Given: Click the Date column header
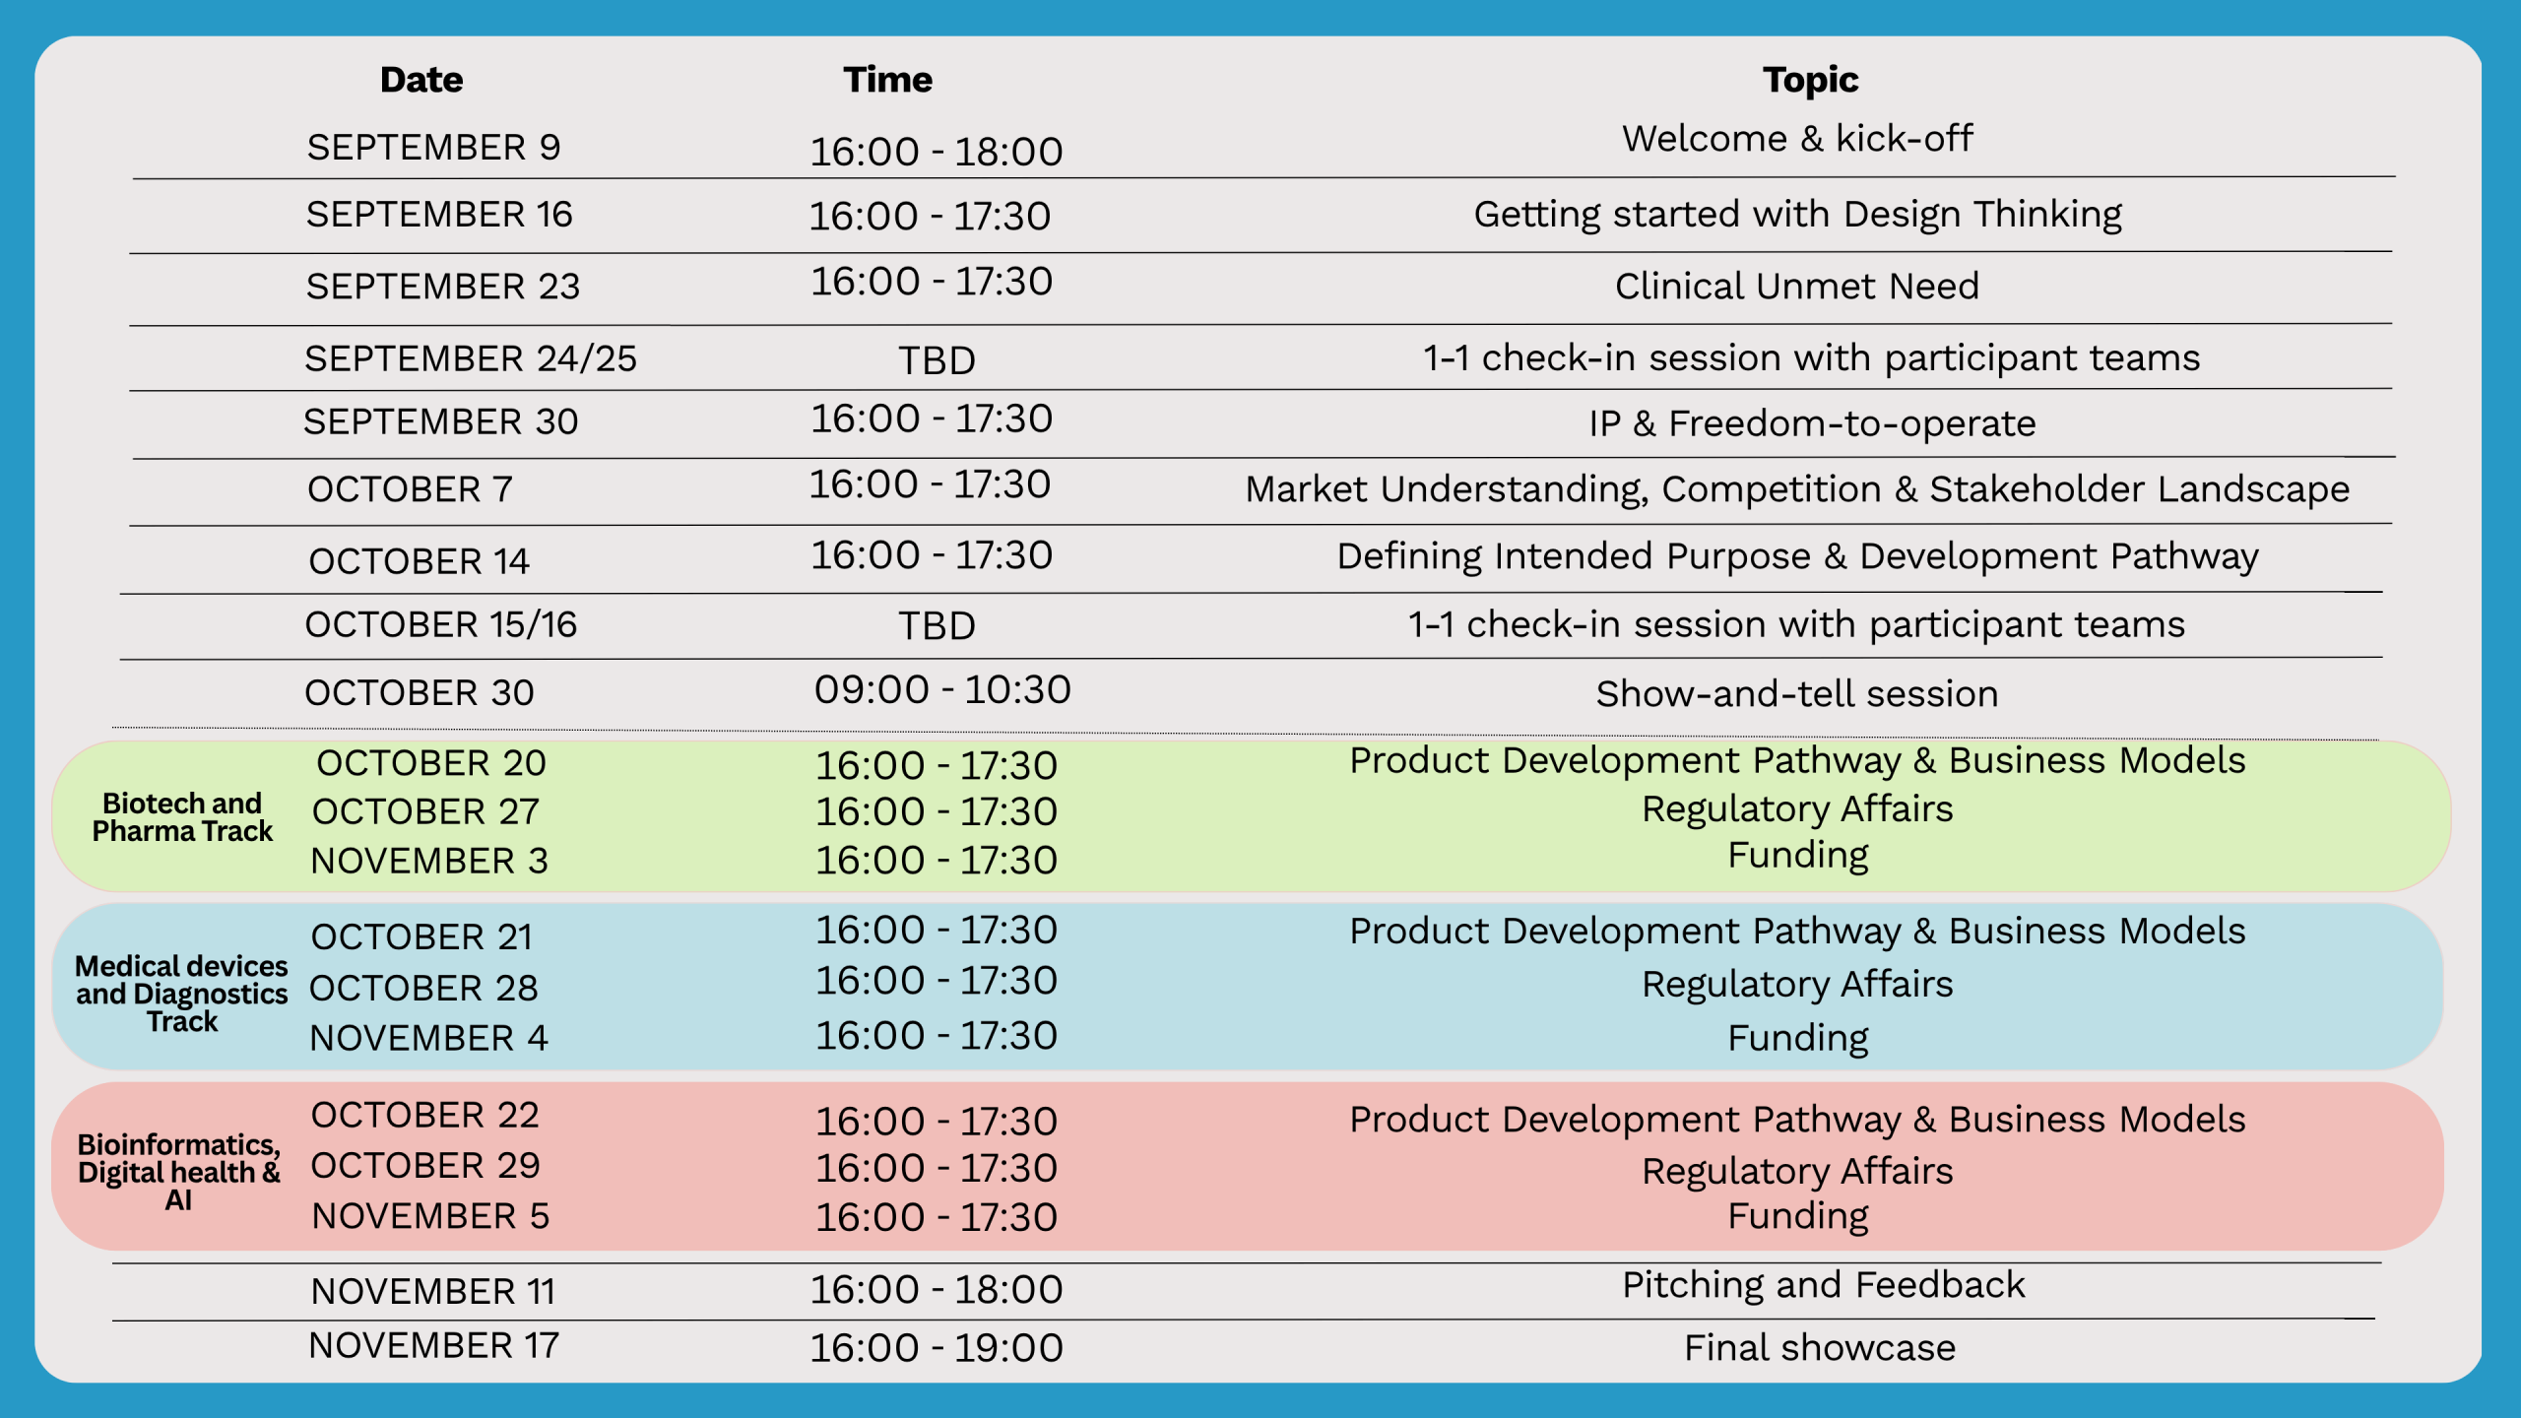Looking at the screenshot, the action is [421, 80].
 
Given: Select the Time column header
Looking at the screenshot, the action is [887, 80].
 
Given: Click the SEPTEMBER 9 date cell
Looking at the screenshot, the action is [433, 148].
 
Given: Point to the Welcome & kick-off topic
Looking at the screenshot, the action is [1797, 139].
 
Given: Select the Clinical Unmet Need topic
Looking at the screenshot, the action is [1797, 287].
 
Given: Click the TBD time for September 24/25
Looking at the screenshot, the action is [937, 361].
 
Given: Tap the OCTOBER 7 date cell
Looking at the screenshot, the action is [410, 489].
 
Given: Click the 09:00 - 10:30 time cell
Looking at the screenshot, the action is [942, 690].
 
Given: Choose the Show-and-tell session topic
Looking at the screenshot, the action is [1797, 694].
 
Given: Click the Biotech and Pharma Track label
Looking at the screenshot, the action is [182, 817].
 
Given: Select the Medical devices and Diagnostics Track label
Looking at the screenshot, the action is [182, 994].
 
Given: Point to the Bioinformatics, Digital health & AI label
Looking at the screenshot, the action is [179, 1172].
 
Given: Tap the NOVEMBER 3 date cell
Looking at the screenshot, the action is [429, 862].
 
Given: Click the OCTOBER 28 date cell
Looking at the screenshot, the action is [423, 989].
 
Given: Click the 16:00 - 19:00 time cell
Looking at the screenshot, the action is [937, 1348].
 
